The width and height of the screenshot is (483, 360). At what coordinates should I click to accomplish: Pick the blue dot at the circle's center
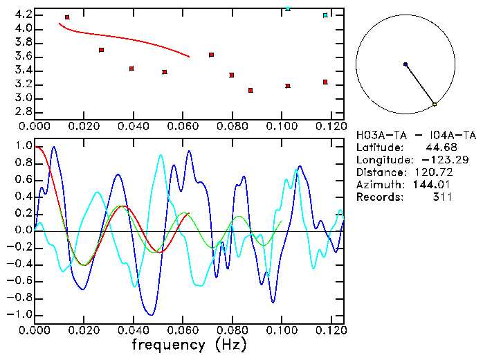pos(405,64)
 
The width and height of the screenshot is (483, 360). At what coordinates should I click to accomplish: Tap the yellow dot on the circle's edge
pos(435,105)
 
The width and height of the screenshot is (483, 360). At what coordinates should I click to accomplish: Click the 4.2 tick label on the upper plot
pos(23,15)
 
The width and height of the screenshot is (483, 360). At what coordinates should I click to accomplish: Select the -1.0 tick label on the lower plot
pos(20,314)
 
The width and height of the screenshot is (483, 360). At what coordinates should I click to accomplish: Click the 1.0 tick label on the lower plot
pos(23,147)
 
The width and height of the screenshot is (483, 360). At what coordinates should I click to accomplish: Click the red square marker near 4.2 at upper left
pos(67,17)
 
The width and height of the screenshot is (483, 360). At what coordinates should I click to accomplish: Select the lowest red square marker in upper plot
pos(250,91)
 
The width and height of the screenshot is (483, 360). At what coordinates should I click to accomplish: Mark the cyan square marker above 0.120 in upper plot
pos(325,15)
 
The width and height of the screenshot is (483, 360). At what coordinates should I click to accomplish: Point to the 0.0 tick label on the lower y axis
pos(23,231)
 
